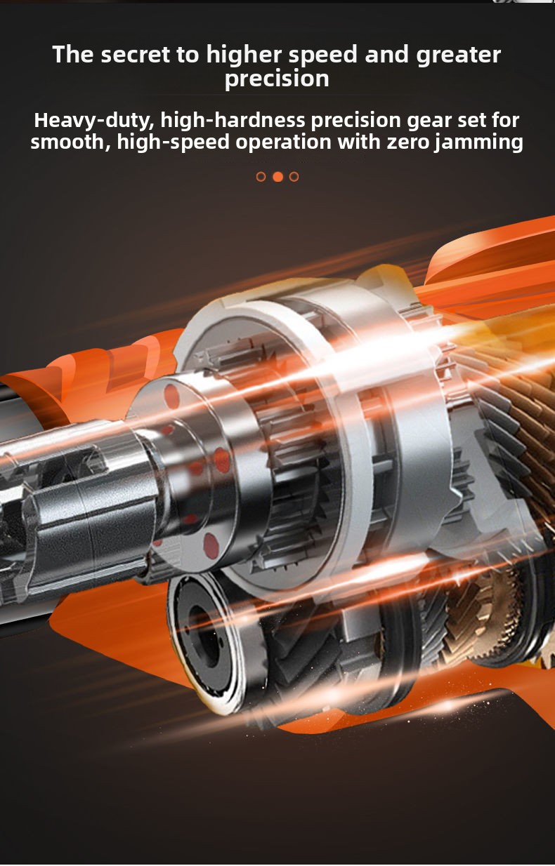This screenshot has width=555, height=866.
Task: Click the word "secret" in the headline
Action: tap(135, 55)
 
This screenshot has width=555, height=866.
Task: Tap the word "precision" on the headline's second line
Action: tap(277, 79)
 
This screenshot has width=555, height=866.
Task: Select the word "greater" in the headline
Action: tap(458, 55)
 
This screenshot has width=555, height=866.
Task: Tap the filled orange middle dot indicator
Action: tap(278, 177)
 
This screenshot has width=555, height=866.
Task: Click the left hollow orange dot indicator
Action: tap(261, 177)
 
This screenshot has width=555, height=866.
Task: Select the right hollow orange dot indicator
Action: tap(294, 177)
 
